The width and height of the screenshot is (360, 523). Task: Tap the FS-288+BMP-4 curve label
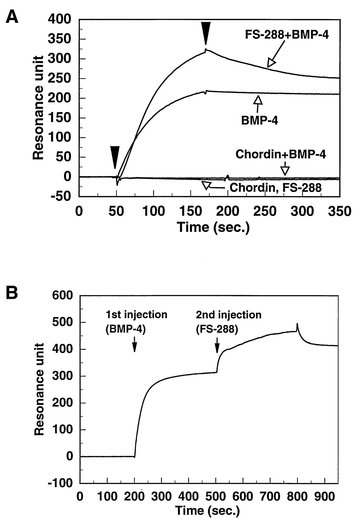[287, 35]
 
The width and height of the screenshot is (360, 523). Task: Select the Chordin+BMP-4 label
[281, 154]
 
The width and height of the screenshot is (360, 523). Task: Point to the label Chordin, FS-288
[275, 188]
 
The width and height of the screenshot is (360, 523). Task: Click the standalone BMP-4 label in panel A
[259, 120]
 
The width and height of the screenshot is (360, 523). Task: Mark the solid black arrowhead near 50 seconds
[115, 157]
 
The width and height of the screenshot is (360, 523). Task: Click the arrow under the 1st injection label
[134, 345]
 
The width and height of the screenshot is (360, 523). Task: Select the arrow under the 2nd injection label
[217, 345]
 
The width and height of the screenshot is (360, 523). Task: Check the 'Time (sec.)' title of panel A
[213, 227]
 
